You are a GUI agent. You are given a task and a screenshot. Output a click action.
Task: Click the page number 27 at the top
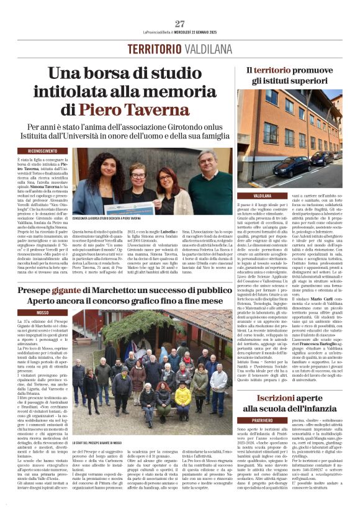point(180,24)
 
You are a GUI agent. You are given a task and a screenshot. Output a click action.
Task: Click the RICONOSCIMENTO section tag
point(38,151)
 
